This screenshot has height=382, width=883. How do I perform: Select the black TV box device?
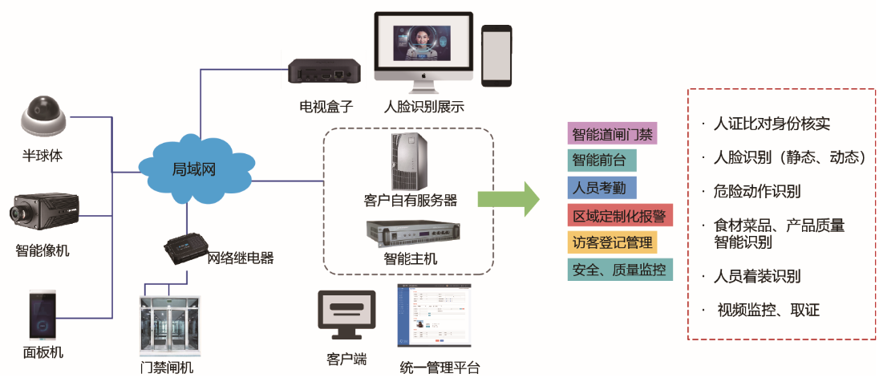tap(325, 71)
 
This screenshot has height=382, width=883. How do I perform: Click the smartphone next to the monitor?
tap(496, 55)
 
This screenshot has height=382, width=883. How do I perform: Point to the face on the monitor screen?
tap(417, 40)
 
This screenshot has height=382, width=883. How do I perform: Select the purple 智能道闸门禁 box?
tap(613, 133)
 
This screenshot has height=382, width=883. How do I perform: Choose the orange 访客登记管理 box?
tap(613, 242)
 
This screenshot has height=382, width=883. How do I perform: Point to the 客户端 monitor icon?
tap(346, 316)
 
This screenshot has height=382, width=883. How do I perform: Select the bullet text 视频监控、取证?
tap(768, 310)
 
